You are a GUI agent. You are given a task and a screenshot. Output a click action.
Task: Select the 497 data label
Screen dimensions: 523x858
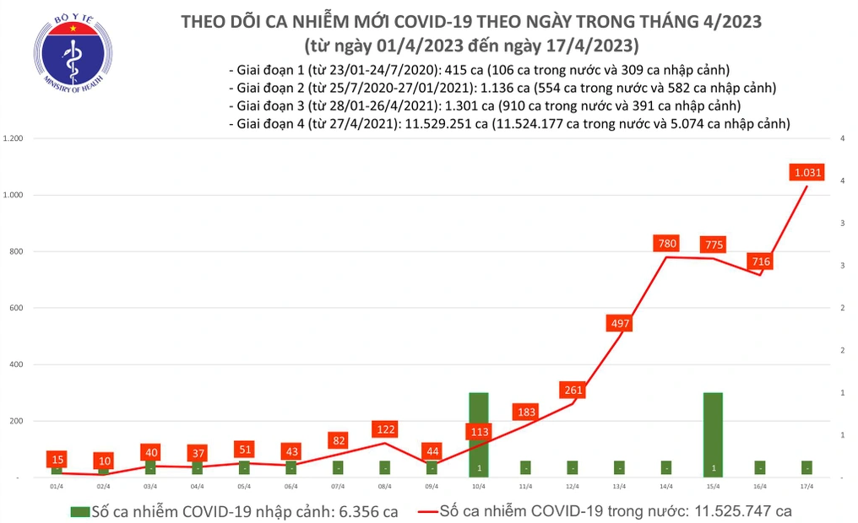619,323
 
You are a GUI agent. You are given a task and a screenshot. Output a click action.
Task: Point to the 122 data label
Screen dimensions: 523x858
385,429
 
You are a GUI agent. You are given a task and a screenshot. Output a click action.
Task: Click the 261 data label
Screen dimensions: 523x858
573,390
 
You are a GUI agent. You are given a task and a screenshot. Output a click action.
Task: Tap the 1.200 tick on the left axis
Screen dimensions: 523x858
15,138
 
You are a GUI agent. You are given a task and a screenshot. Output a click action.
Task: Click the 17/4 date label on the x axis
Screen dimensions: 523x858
806,487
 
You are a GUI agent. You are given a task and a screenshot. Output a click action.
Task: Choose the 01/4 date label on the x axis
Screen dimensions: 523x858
57,487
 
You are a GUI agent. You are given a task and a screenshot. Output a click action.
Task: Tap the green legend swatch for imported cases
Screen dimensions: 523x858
81,511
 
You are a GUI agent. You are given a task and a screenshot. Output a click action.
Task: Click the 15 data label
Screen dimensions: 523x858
57,459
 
